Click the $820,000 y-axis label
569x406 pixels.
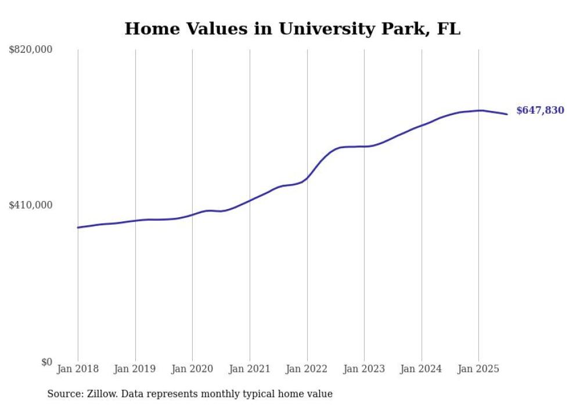click(31, 50)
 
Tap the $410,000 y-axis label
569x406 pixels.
click(31, 205)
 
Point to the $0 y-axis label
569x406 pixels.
click(46, 362)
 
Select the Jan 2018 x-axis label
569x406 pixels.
click(78, 369)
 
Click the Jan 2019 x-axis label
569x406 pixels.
click(135, 369)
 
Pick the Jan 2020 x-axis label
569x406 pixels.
click(192, 369)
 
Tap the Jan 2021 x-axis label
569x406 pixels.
click(250, 369)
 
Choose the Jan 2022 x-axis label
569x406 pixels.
click(307, 369)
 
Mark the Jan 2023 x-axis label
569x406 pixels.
click(364, 369)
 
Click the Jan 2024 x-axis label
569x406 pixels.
click(422, 369)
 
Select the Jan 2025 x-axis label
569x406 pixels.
click(478, 369)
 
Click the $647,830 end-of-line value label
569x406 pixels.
click(540, 110)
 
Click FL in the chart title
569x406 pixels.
click(448, 29)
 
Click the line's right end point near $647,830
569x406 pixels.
click(507, 114)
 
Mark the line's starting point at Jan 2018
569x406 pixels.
click(78, 227)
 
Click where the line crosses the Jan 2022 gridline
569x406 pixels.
click(307, 177)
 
